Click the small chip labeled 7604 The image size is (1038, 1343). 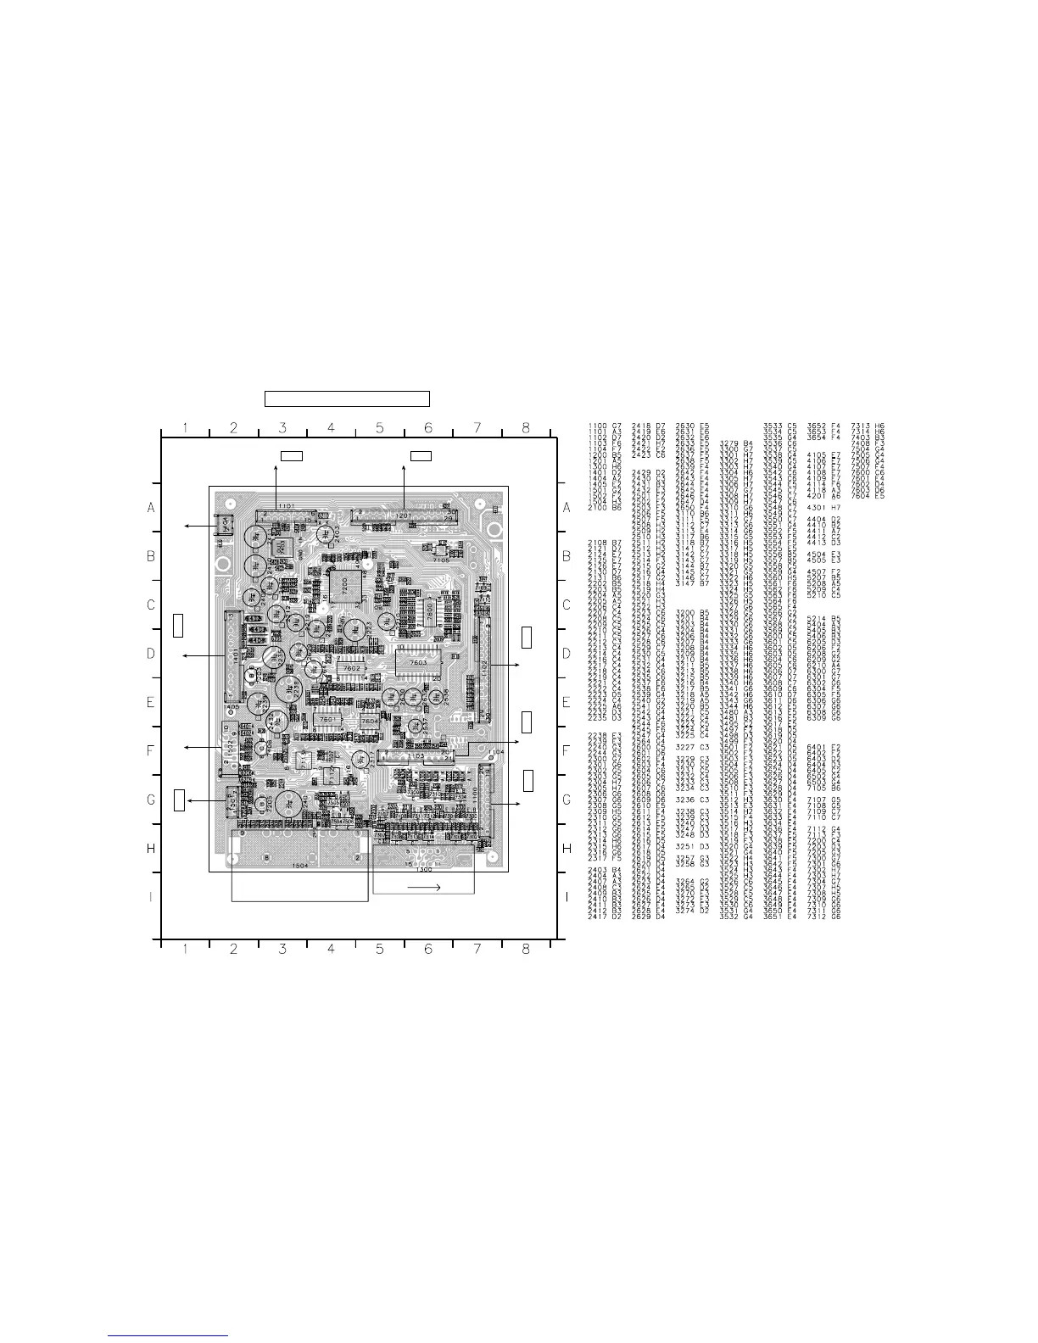[370, 722]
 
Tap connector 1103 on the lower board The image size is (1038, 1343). [416, 755]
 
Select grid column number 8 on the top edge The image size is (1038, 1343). [526, 428]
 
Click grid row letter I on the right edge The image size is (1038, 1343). [566, 897]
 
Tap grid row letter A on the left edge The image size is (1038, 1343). [151, 508]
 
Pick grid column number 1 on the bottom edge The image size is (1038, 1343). [185, 949]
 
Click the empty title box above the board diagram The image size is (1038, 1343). [347, 398]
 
